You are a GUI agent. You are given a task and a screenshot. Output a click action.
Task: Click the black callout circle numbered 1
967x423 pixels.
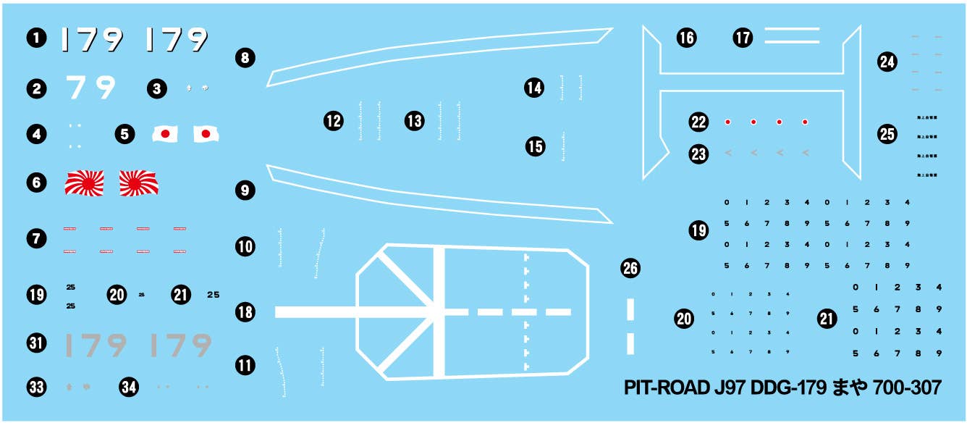[x=35, y=39]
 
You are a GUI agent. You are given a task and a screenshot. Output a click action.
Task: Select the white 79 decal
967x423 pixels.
[x=91, y=88]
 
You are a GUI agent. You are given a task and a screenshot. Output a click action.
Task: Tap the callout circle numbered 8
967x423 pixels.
[x=245, y=57]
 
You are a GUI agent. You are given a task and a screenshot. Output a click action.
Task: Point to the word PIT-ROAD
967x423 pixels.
[x=667, y=388]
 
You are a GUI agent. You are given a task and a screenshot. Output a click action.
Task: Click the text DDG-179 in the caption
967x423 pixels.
[x=790, y=388]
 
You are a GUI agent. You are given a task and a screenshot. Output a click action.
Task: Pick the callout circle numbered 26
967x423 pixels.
[x=630, y=269]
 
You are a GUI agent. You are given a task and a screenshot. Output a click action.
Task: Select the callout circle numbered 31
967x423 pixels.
[x=35, y=343]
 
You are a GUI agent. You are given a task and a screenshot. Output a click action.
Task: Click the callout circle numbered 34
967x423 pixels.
[x=129, y=388]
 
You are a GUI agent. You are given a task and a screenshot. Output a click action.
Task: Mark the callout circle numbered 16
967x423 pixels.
[x=686, y=38]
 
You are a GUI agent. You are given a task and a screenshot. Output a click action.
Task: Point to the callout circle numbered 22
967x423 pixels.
[x=698, y=122]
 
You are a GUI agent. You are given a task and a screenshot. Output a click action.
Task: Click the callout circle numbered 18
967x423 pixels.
[x=245, y=312]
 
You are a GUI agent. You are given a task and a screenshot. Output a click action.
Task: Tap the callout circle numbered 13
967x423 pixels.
[x=414, y=121]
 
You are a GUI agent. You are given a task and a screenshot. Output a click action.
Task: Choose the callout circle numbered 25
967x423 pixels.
[x=887, y=134]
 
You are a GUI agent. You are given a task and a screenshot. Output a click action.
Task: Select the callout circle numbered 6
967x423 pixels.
[x=35, y=183]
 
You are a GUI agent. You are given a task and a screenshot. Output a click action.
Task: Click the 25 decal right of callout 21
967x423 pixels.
[x=213, y=295]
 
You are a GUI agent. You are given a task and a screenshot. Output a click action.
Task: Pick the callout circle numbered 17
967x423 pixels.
[x=743, y=38]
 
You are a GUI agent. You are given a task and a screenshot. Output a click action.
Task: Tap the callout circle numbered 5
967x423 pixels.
[x=124, y=134]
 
